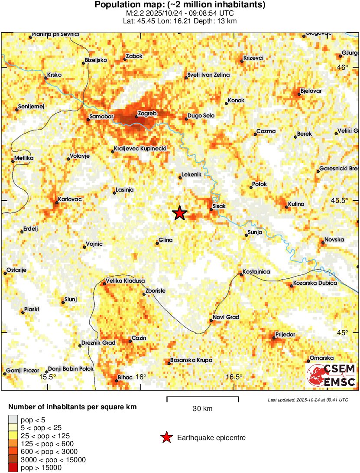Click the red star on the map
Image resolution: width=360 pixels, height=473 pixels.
[x=179, y=213]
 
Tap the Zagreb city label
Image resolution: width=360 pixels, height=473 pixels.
[x=146, y=114]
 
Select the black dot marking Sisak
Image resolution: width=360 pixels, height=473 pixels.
[x=211, y=209]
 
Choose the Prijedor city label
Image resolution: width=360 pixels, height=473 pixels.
[x=285, y=335]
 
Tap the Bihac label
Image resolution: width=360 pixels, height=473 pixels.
[x=125, y=378]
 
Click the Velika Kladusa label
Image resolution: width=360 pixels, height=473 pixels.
[x=126, y=281]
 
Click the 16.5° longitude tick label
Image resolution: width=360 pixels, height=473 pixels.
[x=234, y=377]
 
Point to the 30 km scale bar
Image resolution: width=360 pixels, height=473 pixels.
[x=203, y=397]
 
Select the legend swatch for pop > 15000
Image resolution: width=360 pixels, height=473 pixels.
[x=13, y=468]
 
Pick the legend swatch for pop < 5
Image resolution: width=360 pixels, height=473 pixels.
[x=13, y=419]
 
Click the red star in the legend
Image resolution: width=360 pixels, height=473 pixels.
[x=166, y=438]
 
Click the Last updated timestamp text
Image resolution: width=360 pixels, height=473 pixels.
[x=308, y=400]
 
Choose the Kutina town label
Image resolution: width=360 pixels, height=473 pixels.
[x=296, y=204]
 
